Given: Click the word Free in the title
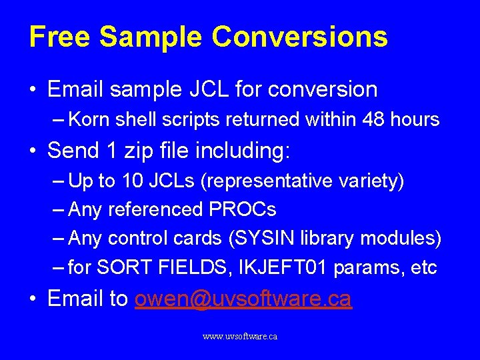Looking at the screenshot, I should pyautogui.click(x=59, y=37).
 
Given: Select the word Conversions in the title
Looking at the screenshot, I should pyautogui.click(x=299, y=37).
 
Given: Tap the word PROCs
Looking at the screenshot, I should pyautogui.click(x=242, y=210).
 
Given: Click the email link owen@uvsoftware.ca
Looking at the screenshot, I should pyautogui.click(x=243, y=299).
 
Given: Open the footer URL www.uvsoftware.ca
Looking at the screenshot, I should pyautogui.click(x=240, y=337).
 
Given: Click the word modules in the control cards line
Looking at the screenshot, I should pyautogui.click(x=403, y=238).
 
